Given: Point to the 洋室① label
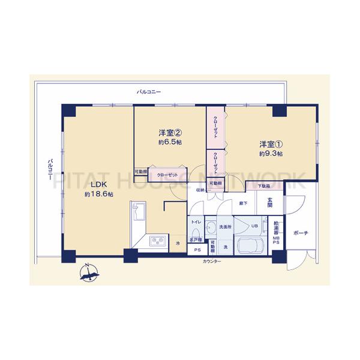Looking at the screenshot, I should pos(271,145).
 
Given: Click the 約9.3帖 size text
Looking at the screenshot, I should pos(271,154).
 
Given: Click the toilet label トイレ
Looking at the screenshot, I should pos(196,223).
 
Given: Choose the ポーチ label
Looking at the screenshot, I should pos(301,232).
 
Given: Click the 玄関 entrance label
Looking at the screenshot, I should pos(270,203).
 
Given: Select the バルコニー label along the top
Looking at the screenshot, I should pos(149,92).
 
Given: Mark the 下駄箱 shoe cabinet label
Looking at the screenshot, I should pos(264,187).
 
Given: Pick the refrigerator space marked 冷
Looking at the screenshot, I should pos(178,243).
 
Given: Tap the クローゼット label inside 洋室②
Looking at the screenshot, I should pos(163,176).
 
